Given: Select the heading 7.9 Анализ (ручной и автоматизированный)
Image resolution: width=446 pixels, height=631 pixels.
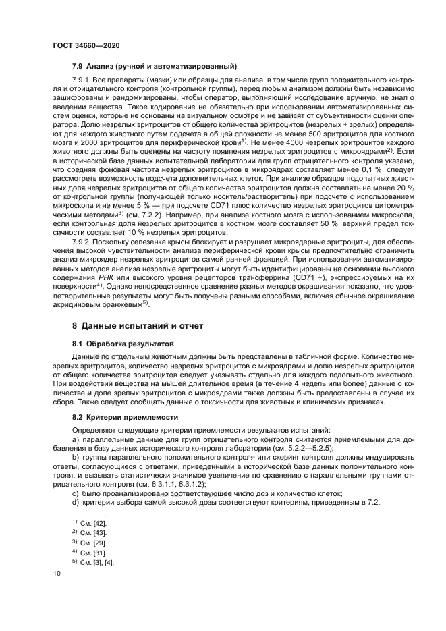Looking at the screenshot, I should pos(154,66).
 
